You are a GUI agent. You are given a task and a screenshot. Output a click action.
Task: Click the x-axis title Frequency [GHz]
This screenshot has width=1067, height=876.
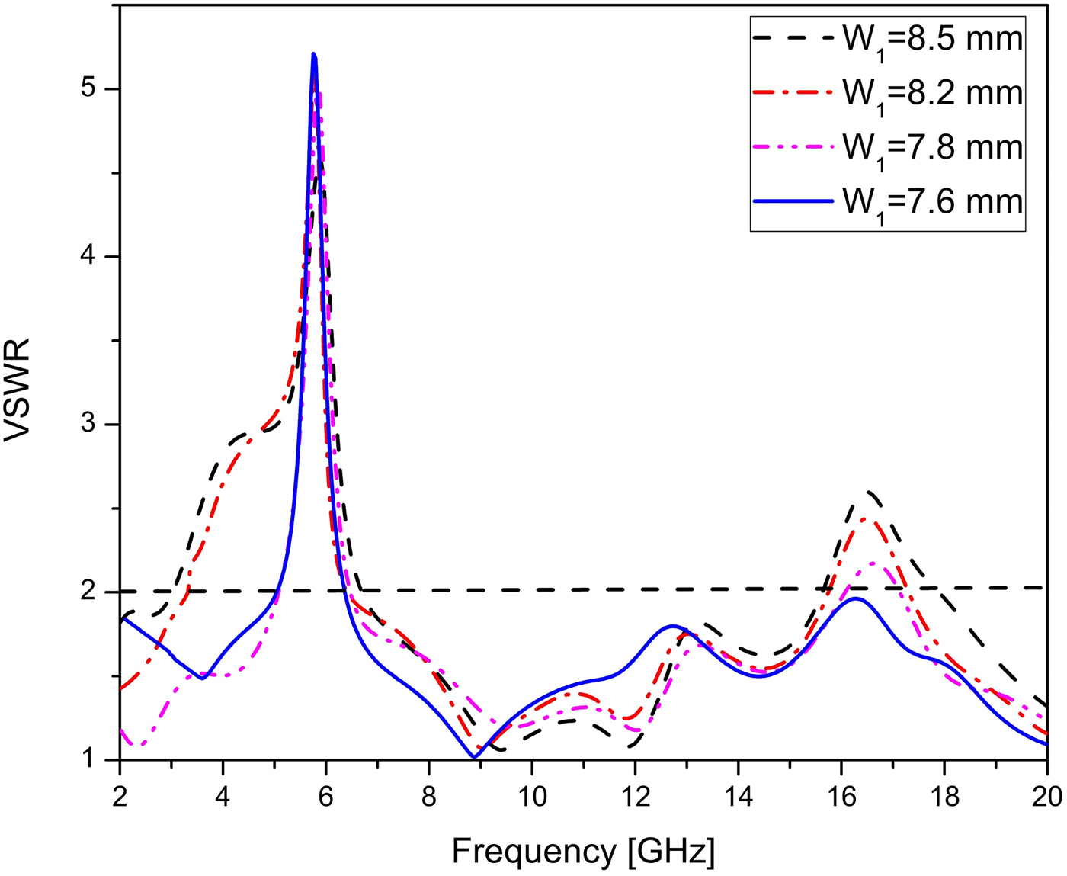pos(583,851)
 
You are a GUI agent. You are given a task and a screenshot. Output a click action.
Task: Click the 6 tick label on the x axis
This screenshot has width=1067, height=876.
pos(326,797)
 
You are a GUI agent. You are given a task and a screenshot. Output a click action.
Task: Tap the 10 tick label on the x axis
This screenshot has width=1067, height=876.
pos(532,797)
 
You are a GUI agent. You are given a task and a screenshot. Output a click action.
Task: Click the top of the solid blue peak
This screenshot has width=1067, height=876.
pos(313,54)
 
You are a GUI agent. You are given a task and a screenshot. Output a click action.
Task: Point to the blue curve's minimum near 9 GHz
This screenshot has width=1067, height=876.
pos(474,757)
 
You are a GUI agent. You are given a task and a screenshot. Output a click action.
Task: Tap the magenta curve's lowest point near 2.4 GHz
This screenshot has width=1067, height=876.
pos(139,746)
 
